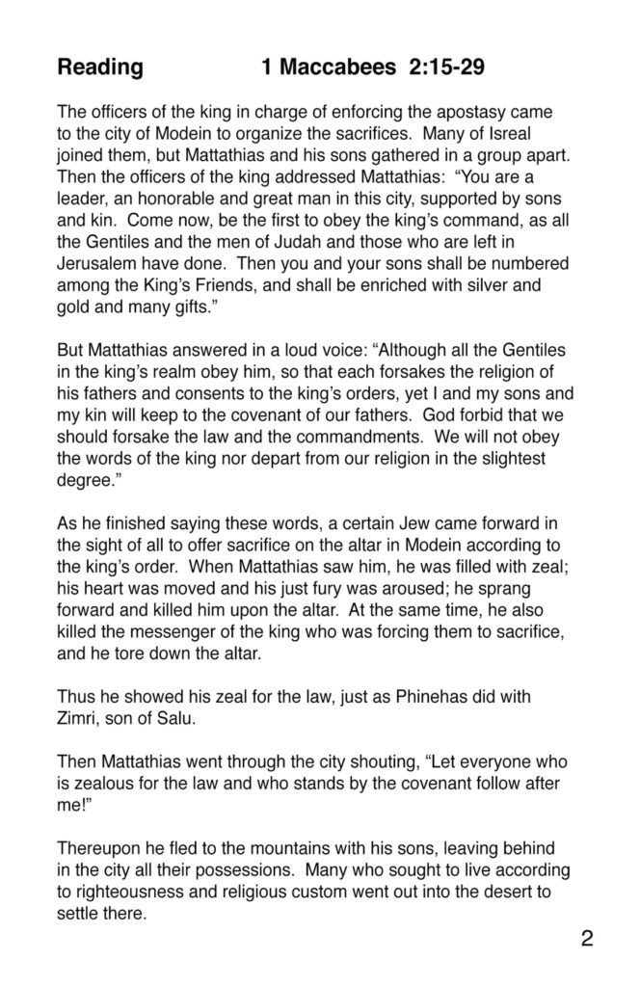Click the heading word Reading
tap(100, 68)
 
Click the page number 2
tap(587, 939)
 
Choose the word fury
tap(305, 564)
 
